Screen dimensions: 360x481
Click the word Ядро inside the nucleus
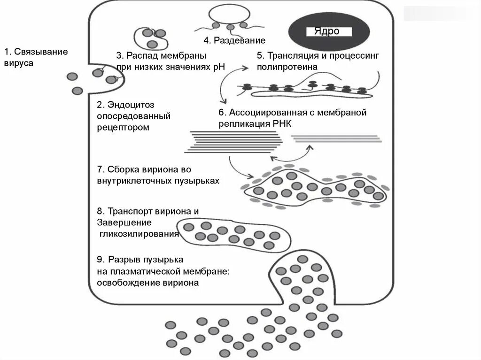[x=322, y=31]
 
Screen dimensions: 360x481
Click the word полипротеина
[x=287, y=67]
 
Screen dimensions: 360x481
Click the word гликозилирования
[x=139, y=234]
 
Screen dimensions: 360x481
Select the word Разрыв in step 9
[x=124, y=260]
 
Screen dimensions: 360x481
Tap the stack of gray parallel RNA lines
[x=336, y=138]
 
